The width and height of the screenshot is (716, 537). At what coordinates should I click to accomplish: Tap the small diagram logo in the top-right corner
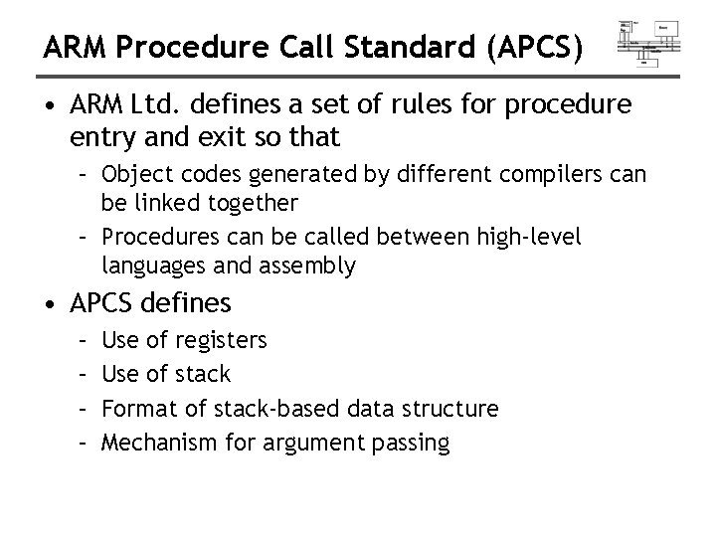point(648,42)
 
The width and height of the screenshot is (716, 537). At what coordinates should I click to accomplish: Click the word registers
point(221,340)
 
